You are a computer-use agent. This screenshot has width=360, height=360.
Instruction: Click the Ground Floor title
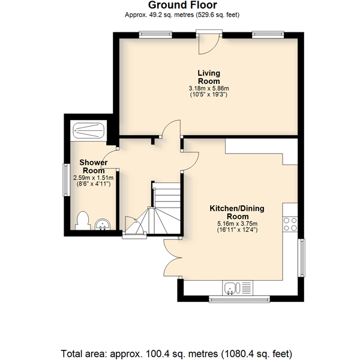coord(182,5)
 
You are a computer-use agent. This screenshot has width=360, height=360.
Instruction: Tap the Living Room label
coord(209,77)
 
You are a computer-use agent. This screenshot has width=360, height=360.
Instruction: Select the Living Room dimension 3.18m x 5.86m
coord(209,88)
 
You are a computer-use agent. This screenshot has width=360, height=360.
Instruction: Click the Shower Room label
coord(94,166)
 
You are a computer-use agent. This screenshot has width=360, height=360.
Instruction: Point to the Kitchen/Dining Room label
coord(237,212)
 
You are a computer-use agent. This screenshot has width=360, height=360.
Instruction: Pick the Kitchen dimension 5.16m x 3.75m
coord(238,224)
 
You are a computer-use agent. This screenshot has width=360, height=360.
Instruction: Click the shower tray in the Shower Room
coord(89,130)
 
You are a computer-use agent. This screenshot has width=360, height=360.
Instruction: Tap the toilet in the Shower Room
coord(82,221)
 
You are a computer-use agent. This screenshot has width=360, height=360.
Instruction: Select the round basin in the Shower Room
coord(103,224)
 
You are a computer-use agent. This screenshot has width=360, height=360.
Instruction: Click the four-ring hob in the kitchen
coord(290,224)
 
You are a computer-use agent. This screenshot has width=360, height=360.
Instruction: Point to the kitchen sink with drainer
coord(238,288)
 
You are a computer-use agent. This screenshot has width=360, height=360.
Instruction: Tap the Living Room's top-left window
coord(155,35)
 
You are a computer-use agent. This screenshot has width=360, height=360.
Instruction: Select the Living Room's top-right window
coord(268,35)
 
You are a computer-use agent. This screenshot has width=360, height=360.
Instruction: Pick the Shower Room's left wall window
coord(67,180)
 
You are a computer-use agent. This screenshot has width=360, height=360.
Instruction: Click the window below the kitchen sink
coord(239,299)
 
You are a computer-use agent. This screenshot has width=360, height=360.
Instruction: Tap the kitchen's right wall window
coord(302,258)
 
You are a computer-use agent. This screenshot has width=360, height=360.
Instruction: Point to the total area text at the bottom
coord(176,353)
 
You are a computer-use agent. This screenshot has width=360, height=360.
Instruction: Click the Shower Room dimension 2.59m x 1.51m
coord(93,178)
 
